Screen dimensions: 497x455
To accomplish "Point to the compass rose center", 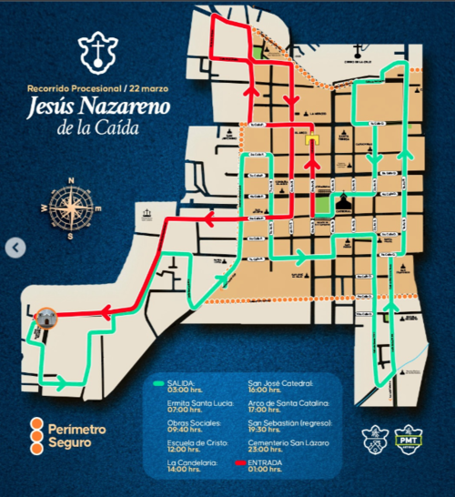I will pos(70,207).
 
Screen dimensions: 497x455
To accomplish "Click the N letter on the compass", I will pos(70,181).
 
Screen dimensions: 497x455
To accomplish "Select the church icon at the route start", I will pos(47,319).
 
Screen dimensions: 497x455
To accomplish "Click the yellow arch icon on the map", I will pos(312,139).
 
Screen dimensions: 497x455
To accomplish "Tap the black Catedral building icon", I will pos(344,202).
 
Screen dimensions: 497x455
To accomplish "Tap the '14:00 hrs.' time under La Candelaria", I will pos(185,471).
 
